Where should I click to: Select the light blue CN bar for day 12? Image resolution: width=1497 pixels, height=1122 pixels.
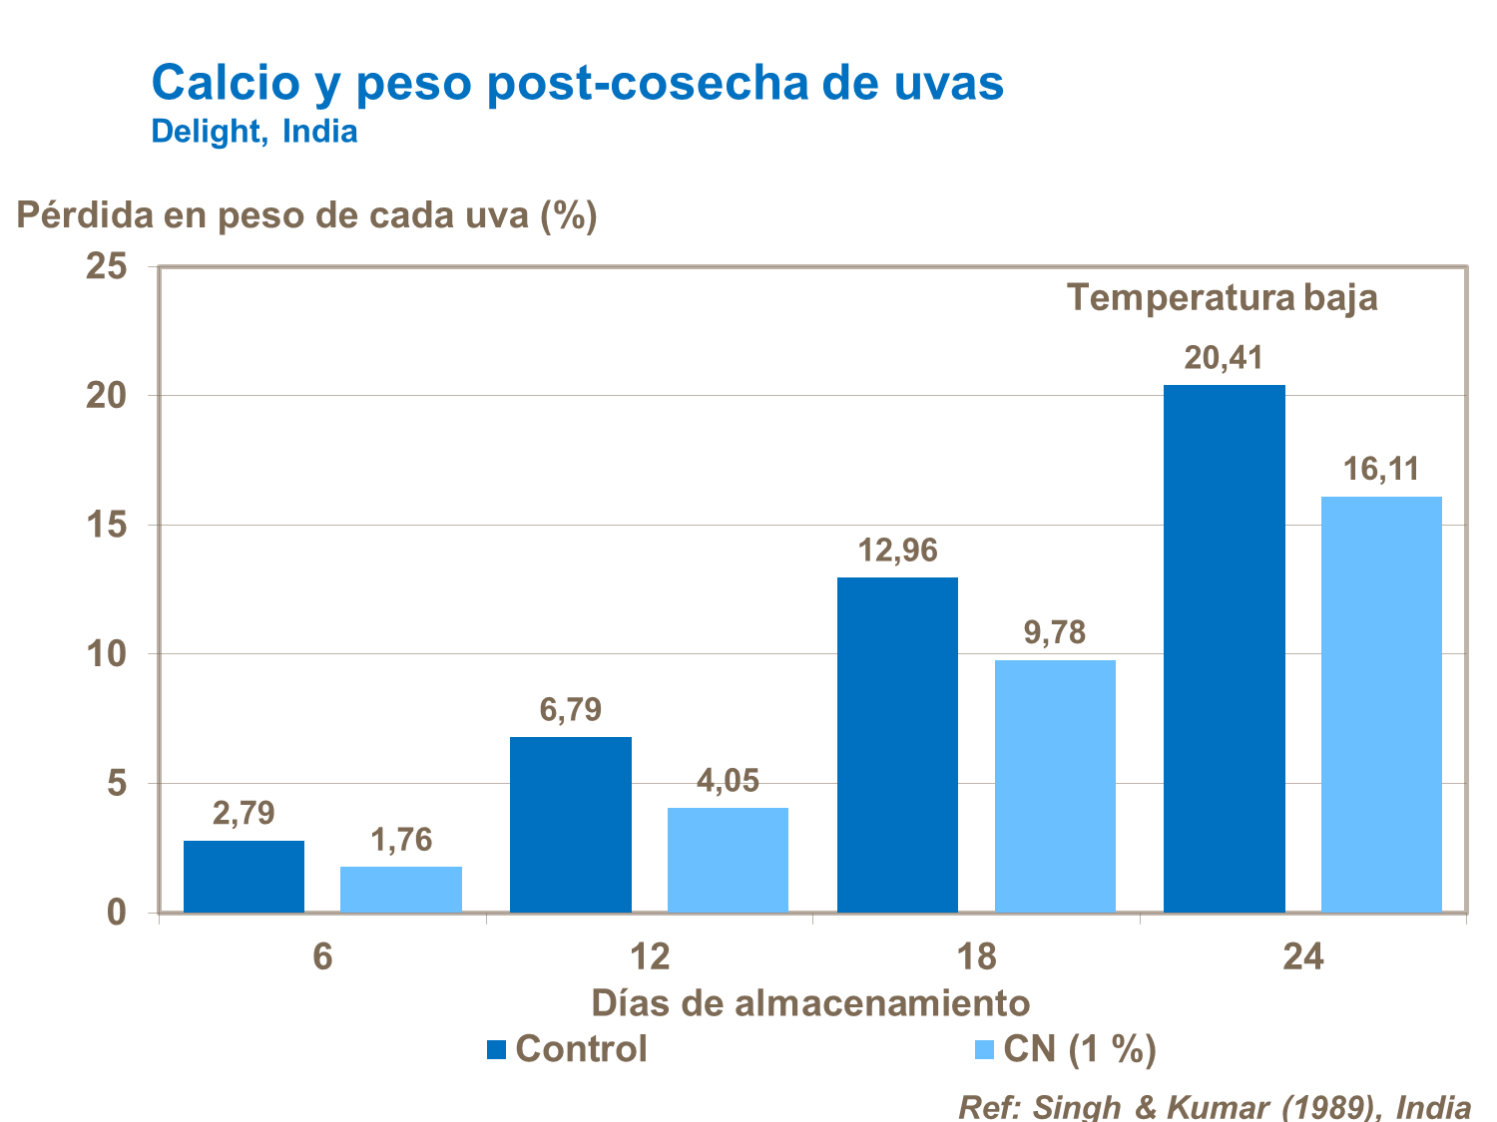click(x=728, y=860)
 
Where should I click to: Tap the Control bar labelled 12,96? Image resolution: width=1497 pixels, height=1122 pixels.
click(x=897, y=744)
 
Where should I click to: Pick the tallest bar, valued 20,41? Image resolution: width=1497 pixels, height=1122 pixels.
click(x=1224, y=648)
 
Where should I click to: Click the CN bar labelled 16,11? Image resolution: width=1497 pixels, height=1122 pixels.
click(x=1381, y=704)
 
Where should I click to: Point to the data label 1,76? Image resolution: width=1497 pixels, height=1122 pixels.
click(x=401, y=840)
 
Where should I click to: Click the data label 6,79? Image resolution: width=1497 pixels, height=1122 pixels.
click(x=571, y=710)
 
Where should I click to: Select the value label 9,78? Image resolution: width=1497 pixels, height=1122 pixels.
click(x=1055, y=632)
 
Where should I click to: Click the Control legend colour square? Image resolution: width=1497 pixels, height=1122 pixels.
click(x=497, y=1049)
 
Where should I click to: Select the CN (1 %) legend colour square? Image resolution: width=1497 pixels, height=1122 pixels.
click(x=984, y=1049)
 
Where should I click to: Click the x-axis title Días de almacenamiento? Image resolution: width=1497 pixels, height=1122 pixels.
click(x=809, y=1002)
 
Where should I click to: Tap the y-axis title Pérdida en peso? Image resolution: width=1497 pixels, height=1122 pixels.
click(x=306, y=214)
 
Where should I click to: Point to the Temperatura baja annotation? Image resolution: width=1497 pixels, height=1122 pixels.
click(x=1223, y=297)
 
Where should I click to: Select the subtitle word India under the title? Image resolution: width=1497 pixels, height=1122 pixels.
click(x=319, y=132)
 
